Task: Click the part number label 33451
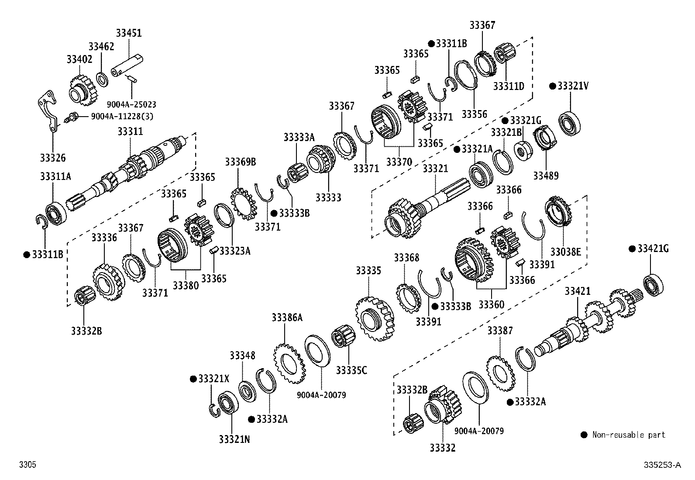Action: coord(129,33)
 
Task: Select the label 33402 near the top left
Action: coord(79,59)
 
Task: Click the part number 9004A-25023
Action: coord(131,105)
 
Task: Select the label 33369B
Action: coord(240,162)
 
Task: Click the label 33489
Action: coord(546,176)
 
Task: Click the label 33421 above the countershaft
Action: coord(578,291)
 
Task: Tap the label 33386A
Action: coord(287,318)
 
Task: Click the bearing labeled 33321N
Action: coord(228,404)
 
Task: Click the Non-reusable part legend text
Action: coord(628,435)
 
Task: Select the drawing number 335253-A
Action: coord(662,465)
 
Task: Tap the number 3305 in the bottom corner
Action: coord(28,465)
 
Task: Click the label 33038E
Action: coord(565,252)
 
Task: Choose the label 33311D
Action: coord(509,86)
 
